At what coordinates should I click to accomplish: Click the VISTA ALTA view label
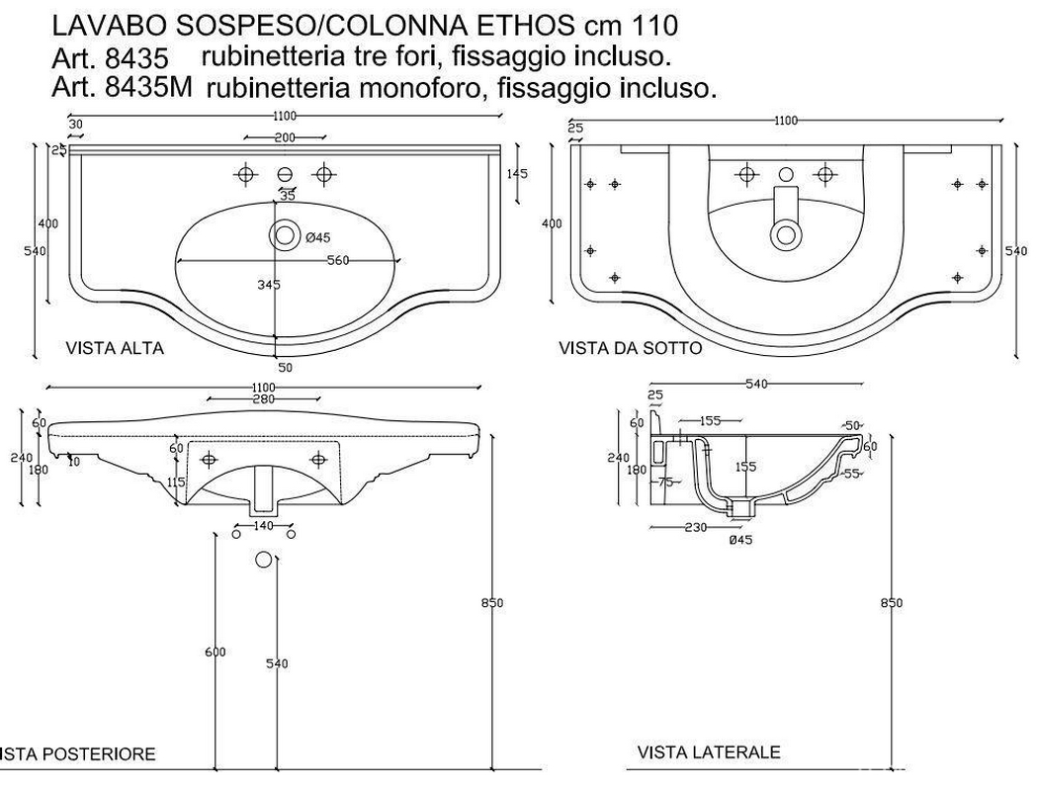point(115,348)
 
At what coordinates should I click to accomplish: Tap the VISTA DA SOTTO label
point(631,348)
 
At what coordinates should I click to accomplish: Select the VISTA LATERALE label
point(709,752)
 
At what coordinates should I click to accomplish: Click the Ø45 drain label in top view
point(316,237)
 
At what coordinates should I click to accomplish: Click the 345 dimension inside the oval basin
point(268,285)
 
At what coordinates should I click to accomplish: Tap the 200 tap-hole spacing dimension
point(285,137)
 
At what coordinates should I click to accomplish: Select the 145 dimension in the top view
point(516,174)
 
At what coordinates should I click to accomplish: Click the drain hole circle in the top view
point(286,235)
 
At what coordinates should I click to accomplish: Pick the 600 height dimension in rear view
point(216,652)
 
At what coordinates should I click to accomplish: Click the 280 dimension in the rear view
point(262,398)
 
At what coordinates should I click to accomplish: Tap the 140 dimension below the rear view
point(263,526)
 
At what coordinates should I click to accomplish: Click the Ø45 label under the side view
point(741,539)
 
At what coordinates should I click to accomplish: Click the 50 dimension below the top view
point(287,367)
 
